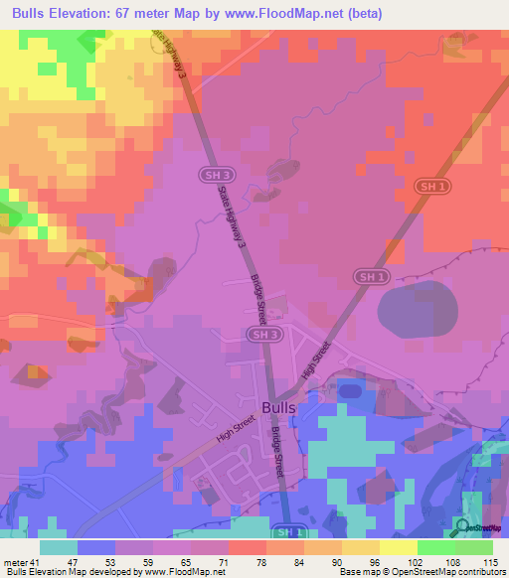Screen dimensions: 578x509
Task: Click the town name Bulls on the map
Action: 276,407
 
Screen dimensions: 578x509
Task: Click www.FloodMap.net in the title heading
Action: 294,12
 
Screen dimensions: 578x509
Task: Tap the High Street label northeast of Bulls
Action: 315,360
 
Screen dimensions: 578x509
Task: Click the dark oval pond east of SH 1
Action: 415,308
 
